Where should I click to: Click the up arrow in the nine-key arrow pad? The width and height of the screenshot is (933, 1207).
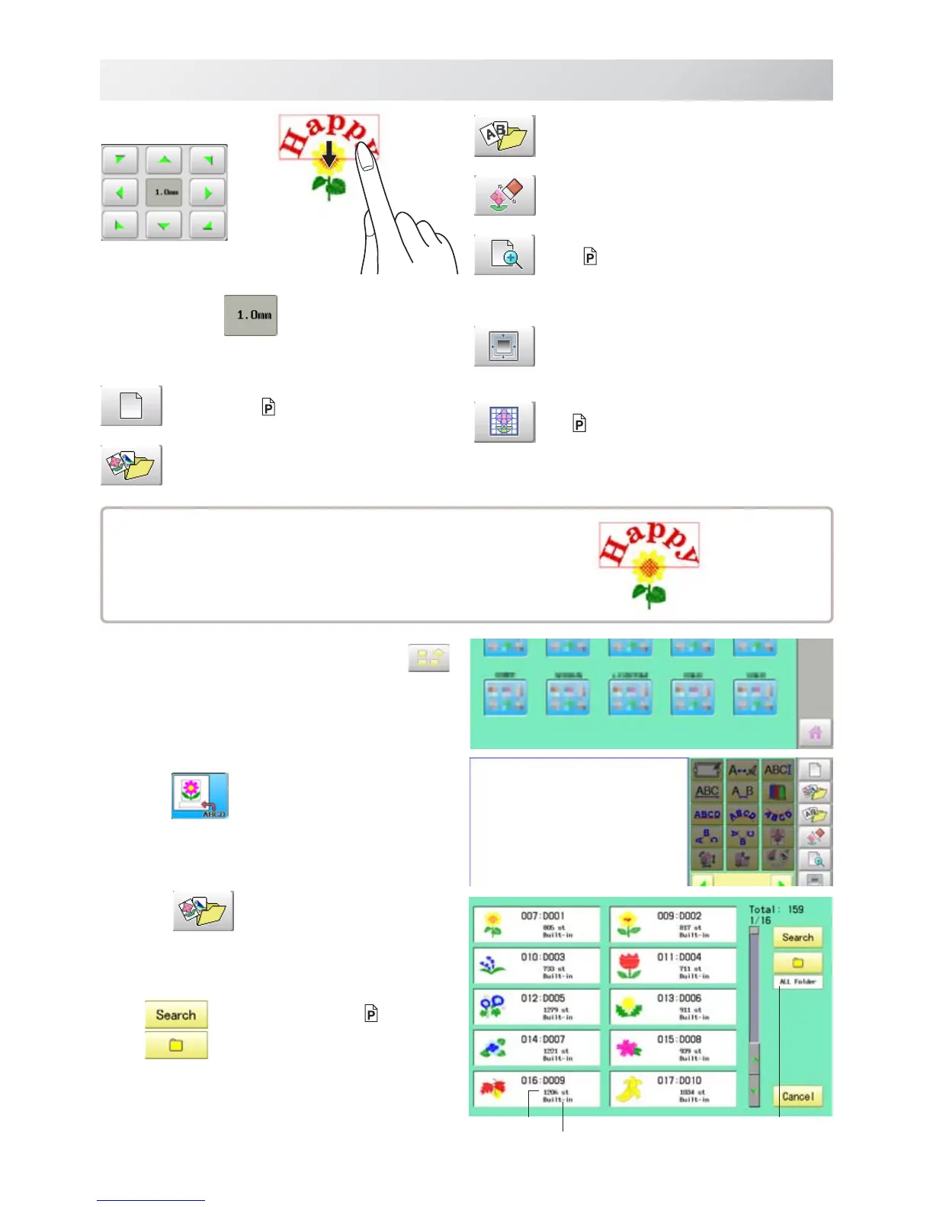[165, 160]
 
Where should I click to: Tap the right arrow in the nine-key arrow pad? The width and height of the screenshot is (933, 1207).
[208, 193]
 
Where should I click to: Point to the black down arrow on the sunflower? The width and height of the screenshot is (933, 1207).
[329, 155]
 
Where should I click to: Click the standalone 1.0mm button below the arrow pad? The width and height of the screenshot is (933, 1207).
[251, 315]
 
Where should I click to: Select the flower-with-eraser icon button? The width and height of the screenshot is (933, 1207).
[505, 195]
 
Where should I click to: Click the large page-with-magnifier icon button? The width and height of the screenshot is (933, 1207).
[505, 255]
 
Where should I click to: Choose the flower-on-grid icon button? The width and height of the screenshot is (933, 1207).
[505, 422]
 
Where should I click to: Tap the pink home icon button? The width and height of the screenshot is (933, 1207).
[815, 732]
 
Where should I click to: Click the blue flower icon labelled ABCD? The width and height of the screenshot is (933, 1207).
[200, 796]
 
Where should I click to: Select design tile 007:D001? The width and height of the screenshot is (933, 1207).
[536, 924]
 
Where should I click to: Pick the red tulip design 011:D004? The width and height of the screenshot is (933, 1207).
[672, 965]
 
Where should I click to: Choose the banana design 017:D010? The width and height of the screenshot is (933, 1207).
[672, 1089]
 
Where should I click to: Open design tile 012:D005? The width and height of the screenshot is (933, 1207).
[536, 1007]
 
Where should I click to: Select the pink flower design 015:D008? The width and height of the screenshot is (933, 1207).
[672, 1048]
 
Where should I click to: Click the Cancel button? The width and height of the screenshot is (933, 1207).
[797, 1097]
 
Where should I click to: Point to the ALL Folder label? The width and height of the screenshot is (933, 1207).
[797, 982]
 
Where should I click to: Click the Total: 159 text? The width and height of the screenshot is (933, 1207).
[776, 909]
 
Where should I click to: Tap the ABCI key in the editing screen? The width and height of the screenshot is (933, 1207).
[777, 770]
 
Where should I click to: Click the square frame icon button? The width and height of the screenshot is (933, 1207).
[505, 347]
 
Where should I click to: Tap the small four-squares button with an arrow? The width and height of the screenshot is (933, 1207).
[429, 658]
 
